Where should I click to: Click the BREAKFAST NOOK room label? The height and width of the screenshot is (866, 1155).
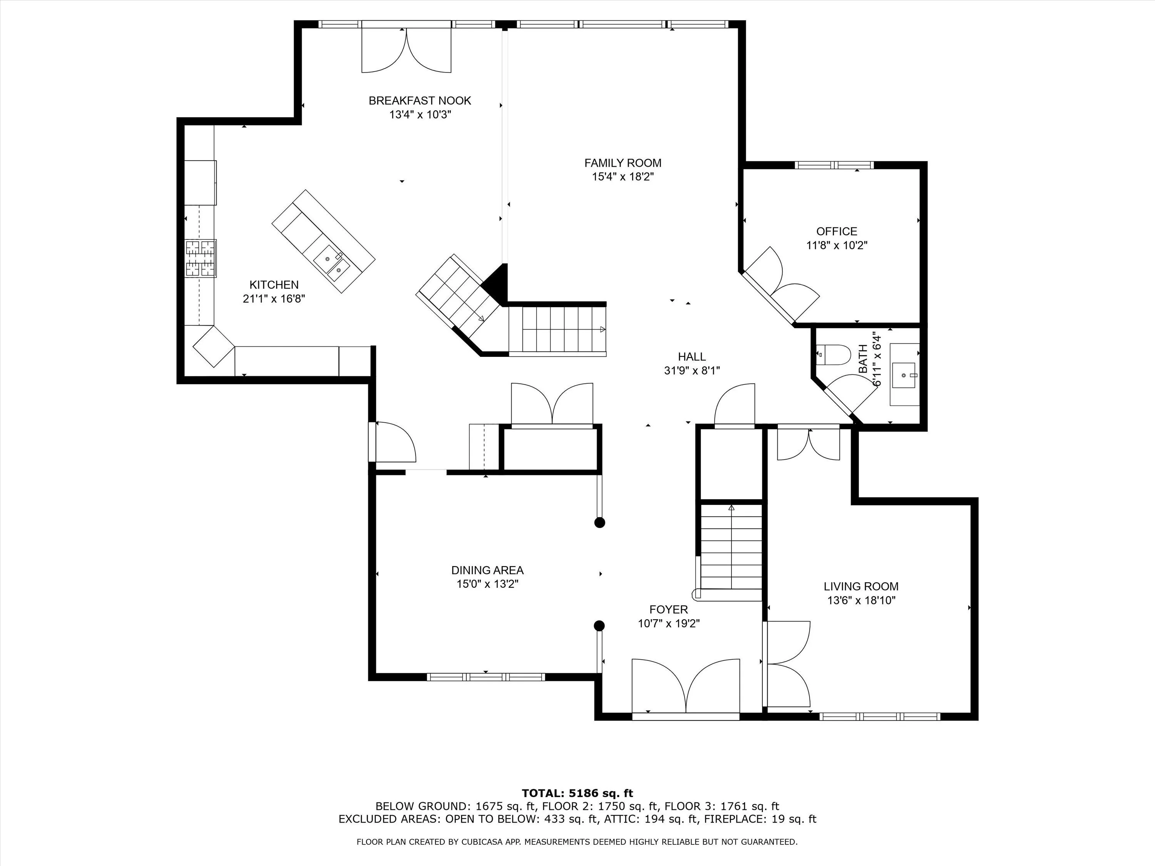click(x=420, y=101)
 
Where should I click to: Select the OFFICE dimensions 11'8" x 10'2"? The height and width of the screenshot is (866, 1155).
click(x=837, y=245)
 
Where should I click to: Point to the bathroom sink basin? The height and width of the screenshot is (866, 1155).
click(x=903, y=375)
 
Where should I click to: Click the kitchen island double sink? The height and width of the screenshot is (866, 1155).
click(x=331, y=262)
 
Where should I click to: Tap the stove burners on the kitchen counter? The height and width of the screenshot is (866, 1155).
click(x=201, y=258)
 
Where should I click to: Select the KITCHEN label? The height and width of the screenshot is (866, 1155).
click(x=274, y=285)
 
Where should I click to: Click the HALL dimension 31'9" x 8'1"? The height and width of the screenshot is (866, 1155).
click(x=692, y=371)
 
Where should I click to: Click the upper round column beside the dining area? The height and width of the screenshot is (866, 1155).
click(x=600, y=523)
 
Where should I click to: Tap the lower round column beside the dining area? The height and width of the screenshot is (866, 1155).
click(x=599, y=625)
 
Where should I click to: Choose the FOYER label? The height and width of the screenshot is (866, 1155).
click(x=669, y=610)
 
